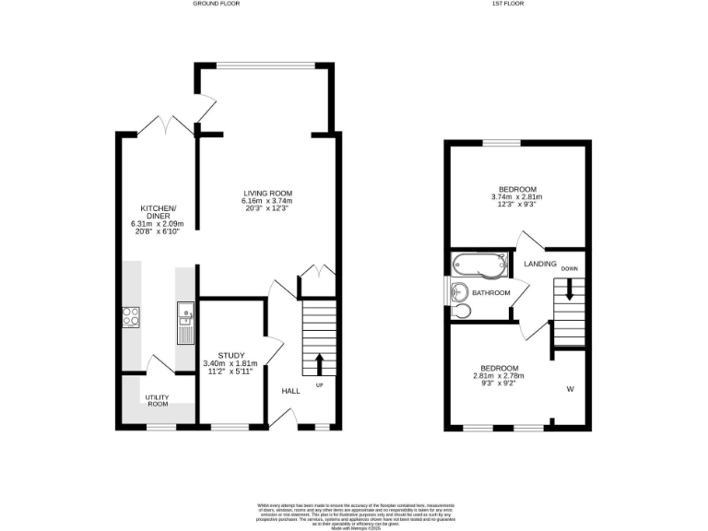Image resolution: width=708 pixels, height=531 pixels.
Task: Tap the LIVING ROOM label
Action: pos(267,193)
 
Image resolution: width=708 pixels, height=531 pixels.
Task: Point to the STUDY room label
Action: pos(231,355)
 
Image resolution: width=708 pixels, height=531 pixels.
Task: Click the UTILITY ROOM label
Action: pos(157,401)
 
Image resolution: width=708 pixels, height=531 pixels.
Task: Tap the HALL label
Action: pos(290,391)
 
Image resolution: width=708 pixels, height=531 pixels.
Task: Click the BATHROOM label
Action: pos(491,293)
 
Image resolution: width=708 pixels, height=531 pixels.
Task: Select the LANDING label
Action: pos(540,264)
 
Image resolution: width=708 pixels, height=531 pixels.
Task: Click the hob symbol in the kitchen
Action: pos(131,316)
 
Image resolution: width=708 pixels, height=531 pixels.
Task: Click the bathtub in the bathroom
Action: pos(478,267)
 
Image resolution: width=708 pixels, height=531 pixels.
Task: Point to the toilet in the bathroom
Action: pos(462,311)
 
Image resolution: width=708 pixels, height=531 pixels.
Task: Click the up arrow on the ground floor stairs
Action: pos(321,360)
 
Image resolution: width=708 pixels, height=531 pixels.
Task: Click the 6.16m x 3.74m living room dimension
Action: pos(267,201)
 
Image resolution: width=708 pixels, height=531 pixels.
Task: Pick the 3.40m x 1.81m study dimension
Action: pos(231,363)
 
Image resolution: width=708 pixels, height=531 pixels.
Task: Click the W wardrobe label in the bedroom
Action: pos(570,389)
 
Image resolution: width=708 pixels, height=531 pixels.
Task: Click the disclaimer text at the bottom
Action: pos(354,513)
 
